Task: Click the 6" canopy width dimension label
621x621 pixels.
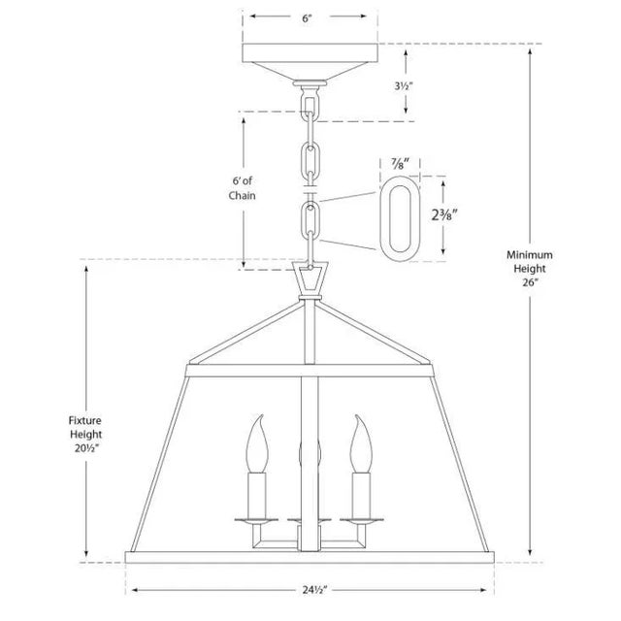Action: tap(308, 18)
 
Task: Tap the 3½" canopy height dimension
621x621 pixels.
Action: tap(404, 86)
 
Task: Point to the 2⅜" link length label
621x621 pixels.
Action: tap(444, 215)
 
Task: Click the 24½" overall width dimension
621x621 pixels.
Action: tap(315, 590)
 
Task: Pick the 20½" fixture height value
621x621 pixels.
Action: tap(86, 448)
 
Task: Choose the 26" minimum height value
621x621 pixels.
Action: tap(530, 282)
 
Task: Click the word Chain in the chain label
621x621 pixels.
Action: tap(242, 195)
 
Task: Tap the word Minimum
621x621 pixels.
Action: tap(530, 254)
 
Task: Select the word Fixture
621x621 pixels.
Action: tap(85, 420)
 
